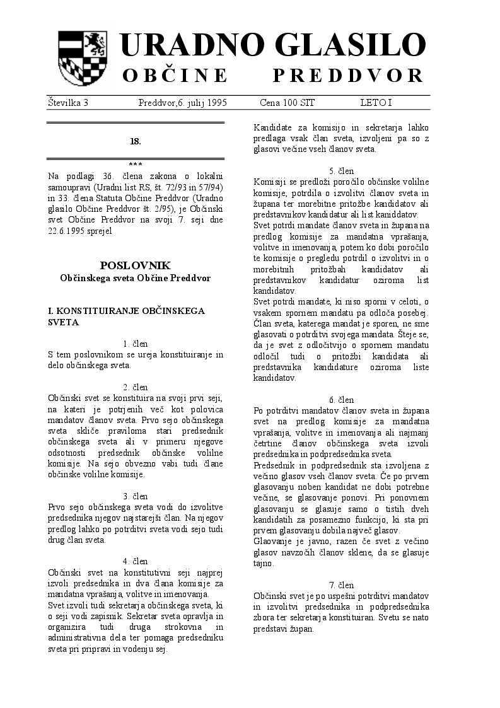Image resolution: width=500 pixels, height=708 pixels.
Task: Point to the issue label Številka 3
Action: (68, 102)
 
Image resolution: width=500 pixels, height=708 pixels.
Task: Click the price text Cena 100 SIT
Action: (287, 102)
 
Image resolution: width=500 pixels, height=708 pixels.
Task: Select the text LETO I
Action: (376, 102)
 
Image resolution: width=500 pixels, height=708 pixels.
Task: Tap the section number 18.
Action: (136, 141)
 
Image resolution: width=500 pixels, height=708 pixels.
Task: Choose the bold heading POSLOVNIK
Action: (135, 265)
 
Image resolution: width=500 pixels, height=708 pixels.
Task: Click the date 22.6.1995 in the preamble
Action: (67, 231)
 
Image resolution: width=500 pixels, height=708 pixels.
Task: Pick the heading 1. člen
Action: (136, 344)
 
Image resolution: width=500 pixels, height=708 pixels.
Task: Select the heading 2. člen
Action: (136, 387)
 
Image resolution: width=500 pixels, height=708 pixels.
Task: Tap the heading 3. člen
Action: (136, 496)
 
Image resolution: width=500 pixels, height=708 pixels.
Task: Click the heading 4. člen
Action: (136, 561)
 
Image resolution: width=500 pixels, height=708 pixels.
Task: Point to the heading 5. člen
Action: (341, 171)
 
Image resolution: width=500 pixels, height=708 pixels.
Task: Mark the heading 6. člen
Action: (341, 400)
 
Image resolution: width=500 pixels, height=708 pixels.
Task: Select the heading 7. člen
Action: (341, 585)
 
